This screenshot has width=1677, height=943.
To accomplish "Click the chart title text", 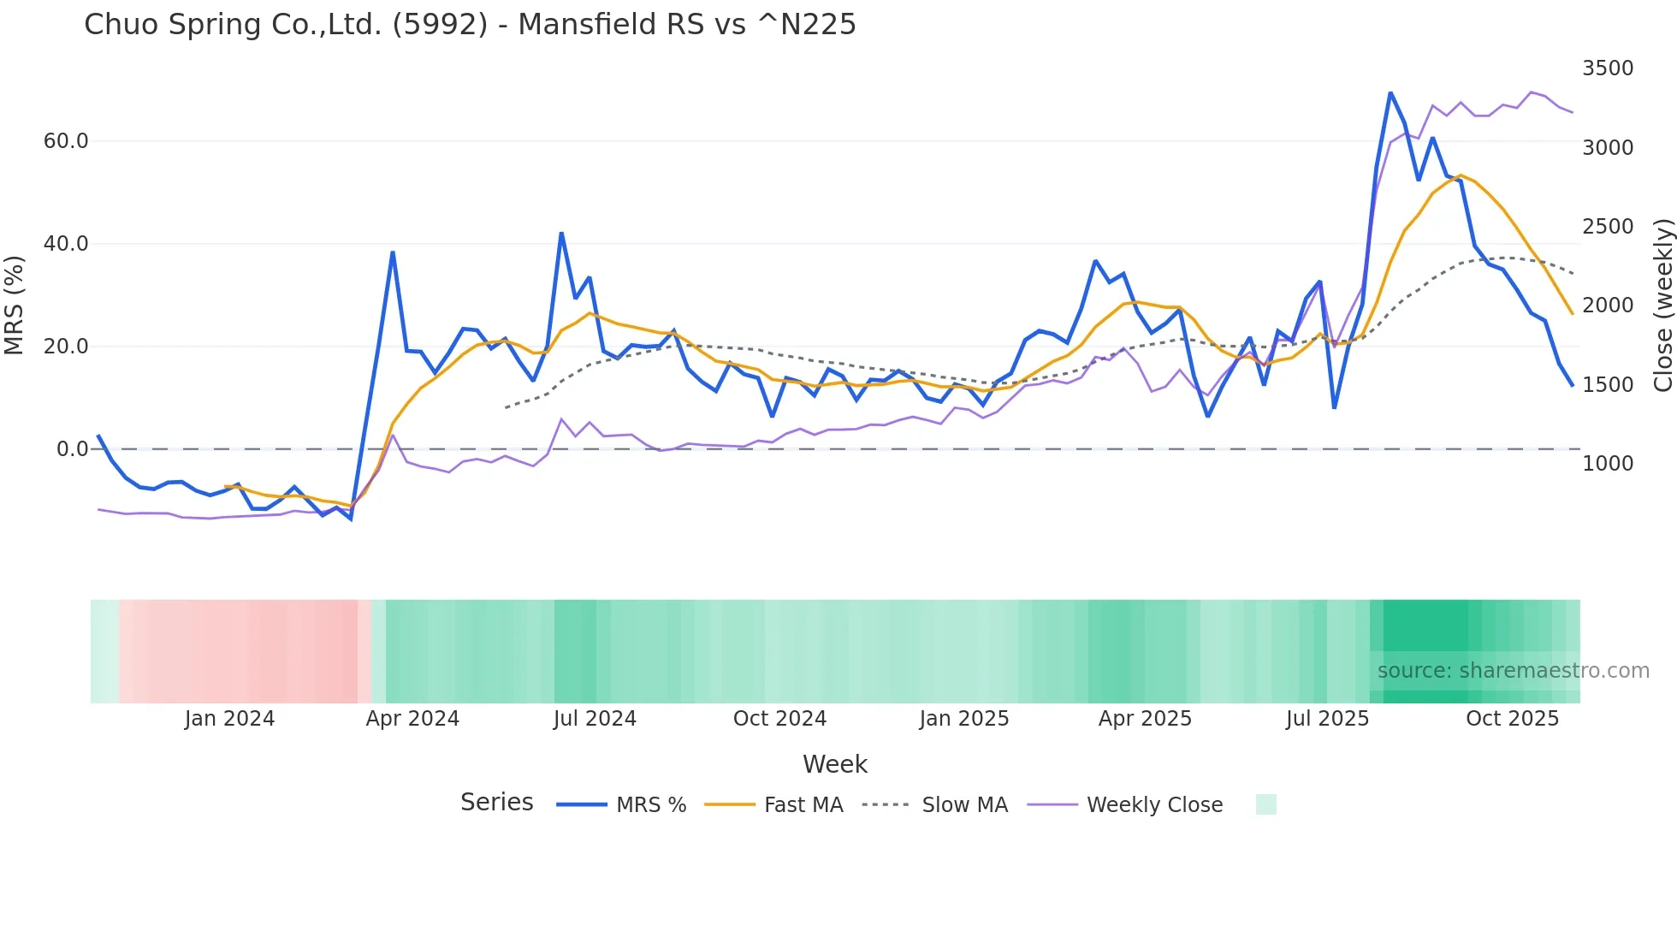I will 470,24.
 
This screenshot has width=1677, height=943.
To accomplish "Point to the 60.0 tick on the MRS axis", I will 66,141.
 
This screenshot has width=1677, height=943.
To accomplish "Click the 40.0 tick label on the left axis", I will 66,244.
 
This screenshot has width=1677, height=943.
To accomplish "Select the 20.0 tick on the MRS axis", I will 66,347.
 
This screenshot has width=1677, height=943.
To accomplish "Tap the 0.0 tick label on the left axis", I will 72,449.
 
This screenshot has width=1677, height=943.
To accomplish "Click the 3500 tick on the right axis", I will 1607,68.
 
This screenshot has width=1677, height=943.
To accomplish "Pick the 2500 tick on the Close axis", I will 1607,227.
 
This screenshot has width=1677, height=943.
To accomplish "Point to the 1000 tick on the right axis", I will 1607,464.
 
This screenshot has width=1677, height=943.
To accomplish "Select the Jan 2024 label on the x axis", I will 229,719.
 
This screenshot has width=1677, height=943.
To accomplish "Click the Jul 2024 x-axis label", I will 595,719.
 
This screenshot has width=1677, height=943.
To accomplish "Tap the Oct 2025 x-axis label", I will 1512,719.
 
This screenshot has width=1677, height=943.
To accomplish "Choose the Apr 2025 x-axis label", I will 1145,719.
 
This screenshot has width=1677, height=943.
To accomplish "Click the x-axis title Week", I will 834,764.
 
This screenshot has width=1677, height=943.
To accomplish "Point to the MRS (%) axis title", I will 15,305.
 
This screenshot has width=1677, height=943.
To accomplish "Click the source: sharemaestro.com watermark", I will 1513,671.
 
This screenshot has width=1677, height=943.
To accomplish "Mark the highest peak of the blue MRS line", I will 1390,92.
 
